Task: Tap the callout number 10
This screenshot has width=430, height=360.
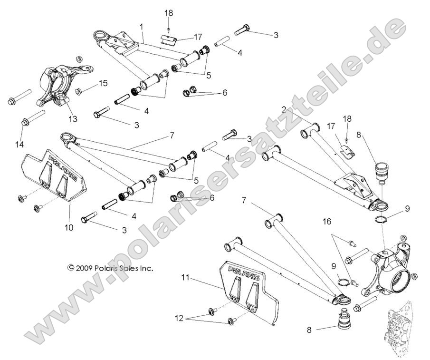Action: tap(69, 227)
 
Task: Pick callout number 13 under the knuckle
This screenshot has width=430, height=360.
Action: tap(72, 119)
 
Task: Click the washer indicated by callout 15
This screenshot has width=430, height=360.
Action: tap(79, 91)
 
